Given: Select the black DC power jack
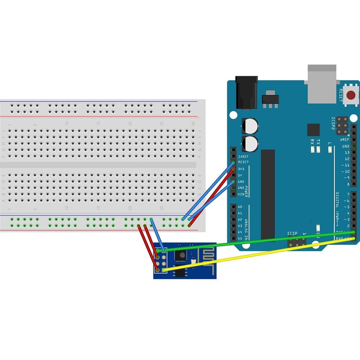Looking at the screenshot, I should tap(247, 93).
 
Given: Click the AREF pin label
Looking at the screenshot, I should tap(346, 140).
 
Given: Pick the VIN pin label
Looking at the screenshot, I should tap(241, 194).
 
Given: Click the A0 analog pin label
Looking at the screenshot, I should tap(240, 207).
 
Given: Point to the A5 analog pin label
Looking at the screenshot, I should tap(240, 238).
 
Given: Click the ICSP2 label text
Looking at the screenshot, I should tap(333, 123).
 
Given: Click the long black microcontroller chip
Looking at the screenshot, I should tap(268, 193).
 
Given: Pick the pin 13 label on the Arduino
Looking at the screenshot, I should tap(346, 153).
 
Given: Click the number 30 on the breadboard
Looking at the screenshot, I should tap(193, 123).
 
